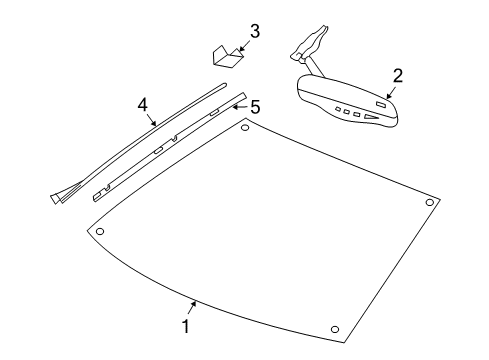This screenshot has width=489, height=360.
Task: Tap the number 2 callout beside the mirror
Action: click(397, 75)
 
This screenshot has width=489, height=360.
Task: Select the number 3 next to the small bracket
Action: click(254, 31)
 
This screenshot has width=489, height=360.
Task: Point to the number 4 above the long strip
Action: click(142, 103)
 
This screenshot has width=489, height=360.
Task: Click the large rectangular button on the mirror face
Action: click(380, 102)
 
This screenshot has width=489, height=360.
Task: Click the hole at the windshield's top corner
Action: click(246, 126)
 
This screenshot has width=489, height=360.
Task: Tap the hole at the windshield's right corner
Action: click(430, 203)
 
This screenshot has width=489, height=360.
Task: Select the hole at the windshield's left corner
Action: click(99, 232)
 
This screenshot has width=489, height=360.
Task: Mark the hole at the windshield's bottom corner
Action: click(334, 330)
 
